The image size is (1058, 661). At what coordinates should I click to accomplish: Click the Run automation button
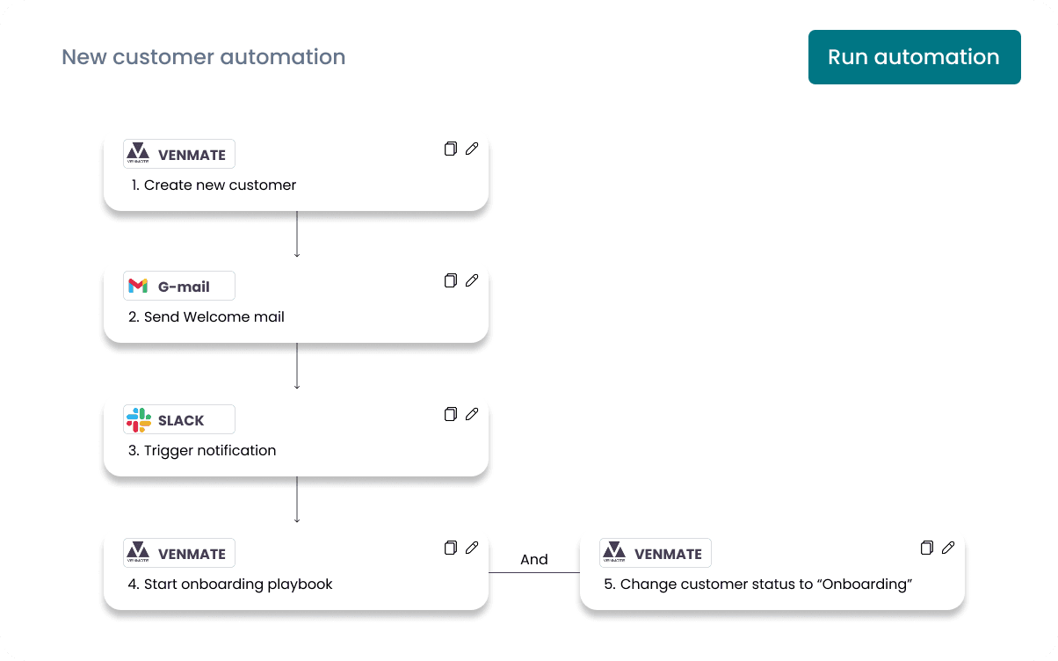914,57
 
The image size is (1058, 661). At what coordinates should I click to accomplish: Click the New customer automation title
203,57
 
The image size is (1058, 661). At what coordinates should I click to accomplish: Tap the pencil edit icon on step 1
472,149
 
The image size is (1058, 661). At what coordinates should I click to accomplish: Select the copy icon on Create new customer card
451,149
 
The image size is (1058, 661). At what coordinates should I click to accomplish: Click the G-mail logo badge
179,286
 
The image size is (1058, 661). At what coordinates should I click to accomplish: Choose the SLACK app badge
179,419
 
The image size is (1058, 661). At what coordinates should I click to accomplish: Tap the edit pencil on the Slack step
472,414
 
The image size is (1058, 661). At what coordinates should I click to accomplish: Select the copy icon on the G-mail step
451,280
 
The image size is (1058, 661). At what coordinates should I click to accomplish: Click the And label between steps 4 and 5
533,559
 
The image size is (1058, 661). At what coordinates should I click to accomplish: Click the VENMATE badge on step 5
656,553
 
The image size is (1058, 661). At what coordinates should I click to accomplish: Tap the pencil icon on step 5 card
948,548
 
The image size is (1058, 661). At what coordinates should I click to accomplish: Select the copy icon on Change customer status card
927,548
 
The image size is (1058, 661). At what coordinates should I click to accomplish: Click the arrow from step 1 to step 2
297,234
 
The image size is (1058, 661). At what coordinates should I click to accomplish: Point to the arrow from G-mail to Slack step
297,366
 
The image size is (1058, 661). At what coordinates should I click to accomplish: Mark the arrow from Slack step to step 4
297,499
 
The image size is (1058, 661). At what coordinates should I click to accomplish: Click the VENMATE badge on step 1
179,154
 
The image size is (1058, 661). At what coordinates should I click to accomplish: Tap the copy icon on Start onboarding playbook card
451,548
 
